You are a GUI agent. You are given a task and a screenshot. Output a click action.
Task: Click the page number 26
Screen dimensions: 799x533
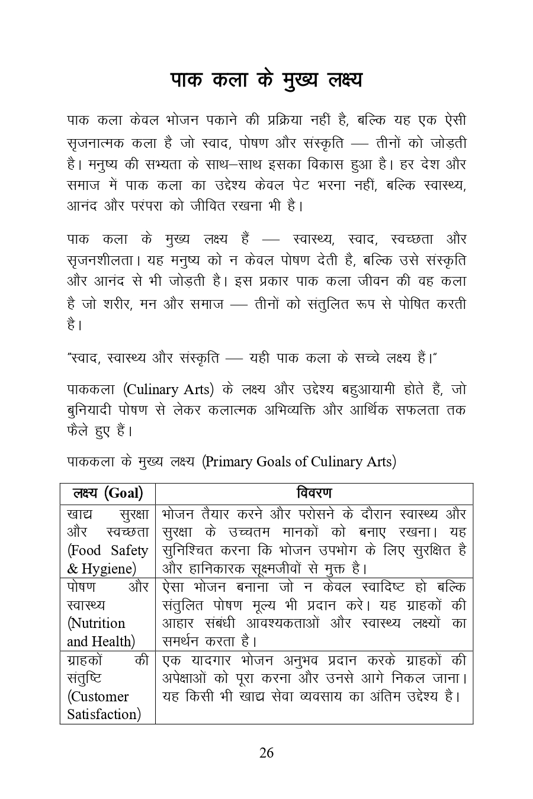pos(266,752)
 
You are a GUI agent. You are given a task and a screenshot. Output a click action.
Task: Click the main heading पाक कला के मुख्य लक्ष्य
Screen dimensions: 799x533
pos(266,80)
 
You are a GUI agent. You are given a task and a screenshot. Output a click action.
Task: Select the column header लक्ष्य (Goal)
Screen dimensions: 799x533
pos(107,493)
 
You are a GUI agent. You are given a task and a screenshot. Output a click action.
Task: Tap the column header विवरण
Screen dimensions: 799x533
pos(314,493)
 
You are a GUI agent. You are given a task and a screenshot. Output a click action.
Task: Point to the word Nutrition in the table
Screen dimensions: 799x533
pos(97,623)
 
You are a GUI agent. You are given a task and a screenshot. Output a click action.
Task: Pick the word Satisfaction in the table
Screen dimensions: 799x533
pos(104,714)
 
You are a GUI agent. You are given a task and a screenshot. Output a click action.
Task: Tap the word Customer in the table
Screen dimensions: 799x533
pos(98,696)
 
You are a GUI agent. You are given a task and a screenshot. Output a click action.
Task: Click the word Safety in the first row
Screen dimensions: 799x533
pos(129,550)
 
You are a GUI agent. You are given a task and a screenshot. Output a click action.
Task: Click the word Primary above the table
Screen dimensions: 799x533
pos(230,462)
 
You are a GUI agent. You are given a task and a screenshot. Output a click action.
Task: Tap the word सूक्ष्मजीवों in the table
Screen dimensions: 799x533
pos(275,569)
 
